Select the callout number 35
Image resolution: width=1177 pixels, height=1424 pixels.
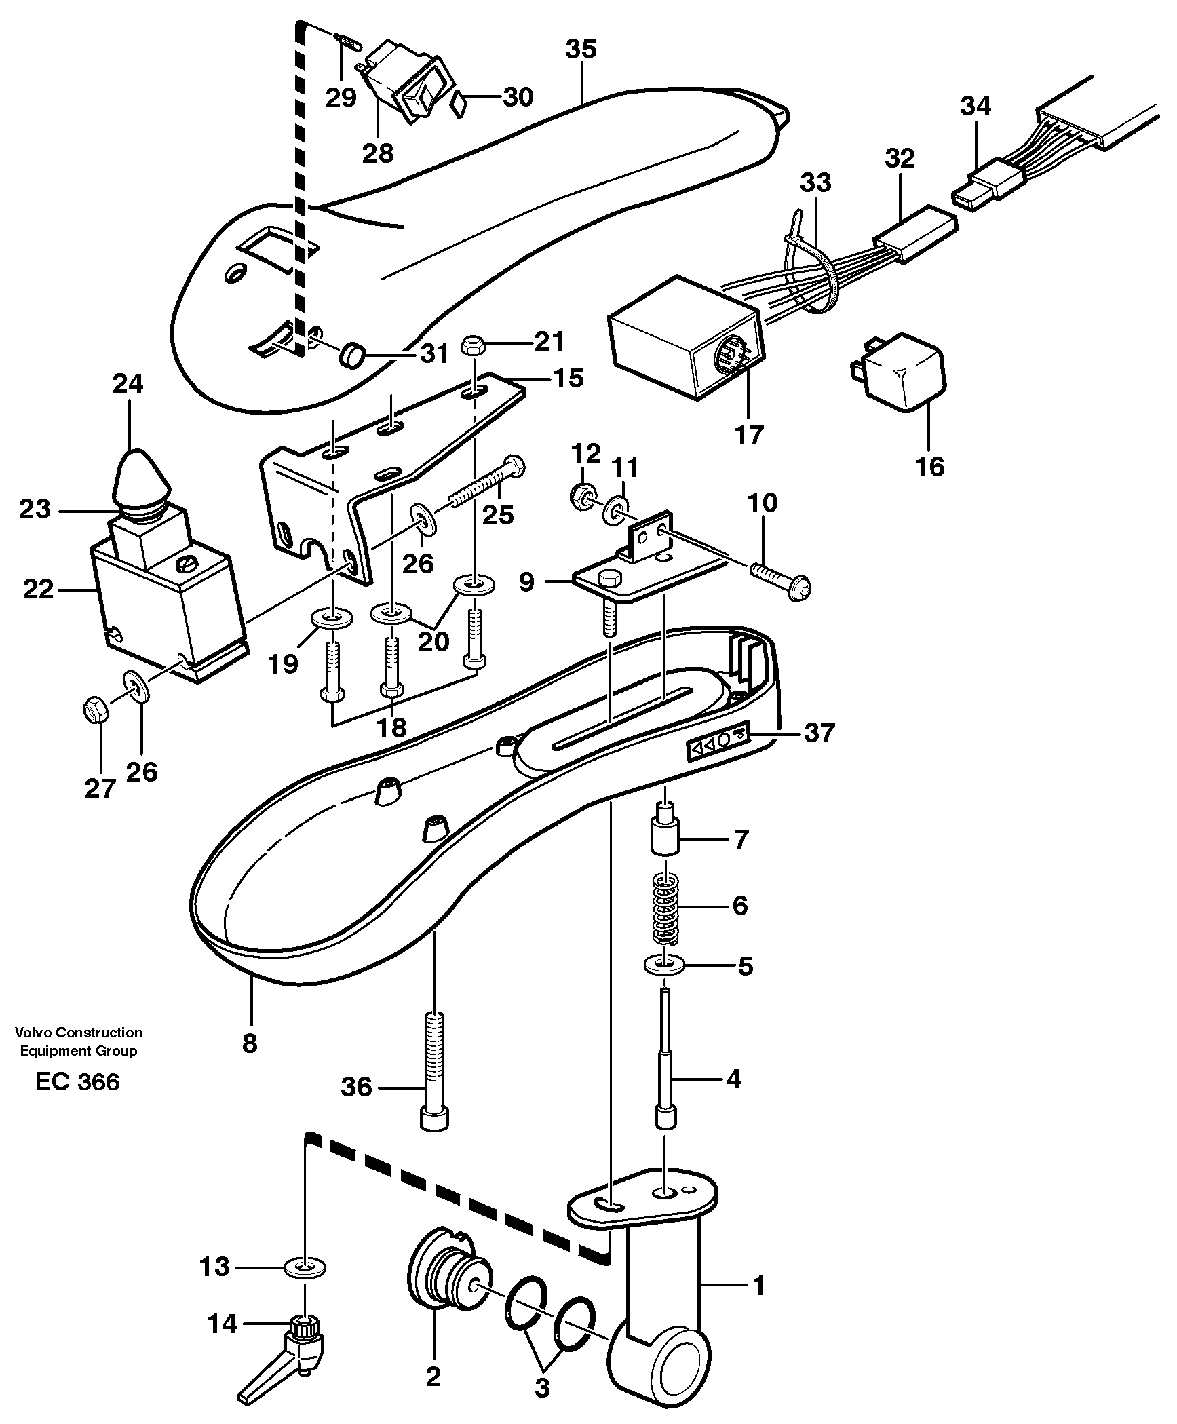pyautogui.click(x=581, y=50)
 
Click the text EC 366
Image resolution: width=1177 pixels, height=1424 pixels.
pyautogui.click(x=77, y=1100)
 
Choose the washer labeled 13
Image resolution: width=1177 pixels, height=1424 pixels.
pyautogui.click(x=306, y=1266)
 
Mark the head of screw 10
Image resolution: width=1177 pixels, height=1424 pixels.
pyautogui.click(x=800, y=585)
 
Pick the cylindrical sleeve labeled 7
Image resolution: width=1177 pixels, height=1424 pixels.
pyautogui.click(x=665, y=835)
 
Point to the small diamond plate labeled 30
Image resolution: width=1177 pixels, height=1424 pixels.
pyautogui.click(x=460, y=105)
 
